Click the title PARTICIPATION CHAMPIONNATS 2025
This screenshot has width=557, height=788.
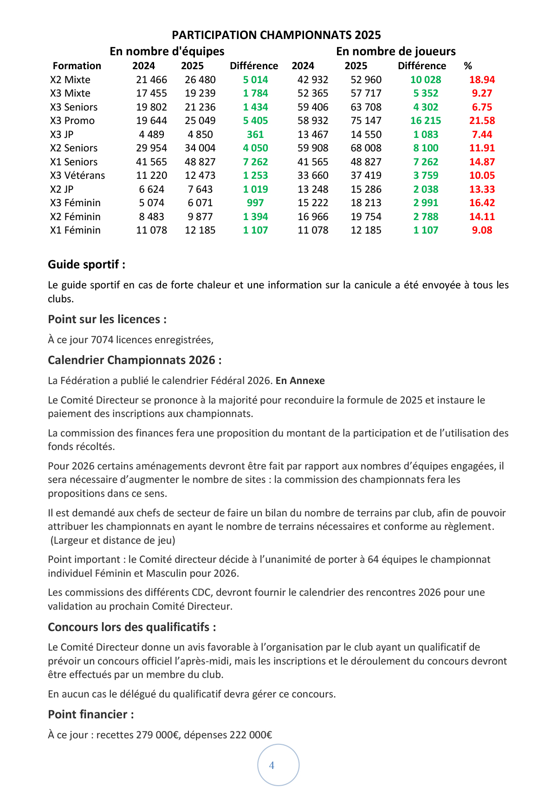(x=276, y=35)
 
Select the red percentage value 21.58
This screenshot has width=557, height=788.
(x=482, y=121)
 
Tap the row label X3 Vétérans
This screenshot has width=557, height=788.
(x=78, y=176)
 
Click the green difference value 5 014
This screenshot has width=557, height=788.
(x=255, y=80)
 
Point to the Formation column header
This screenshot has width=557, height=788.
(x=77, y=66)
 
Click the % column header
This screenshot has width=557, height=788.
(x=467, y=66)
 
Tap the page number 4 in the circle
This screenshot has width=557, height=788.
(x=272, y=765)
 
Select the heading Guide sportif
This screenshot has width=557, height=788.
(x=86, y=265)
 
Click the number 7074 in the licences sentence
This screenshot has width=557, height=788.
(x=102, y=340)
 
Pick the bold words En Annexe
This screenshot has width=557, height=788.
(x=300, y=381)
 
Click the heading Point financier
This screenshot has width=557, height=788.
(x=91, y=715)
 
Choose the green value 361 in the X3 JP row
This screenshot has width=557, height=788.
(x=255, y=135)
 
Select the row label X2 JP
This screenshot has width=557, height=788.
(x=62, y=189)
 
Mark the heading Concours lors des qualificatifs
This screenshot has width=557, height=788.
(x=132, y=627)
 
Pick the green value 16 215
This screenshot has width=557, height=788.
(x=426, y=121)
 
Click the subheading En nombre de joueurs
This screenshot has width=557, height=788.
(x=395, y=51)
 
